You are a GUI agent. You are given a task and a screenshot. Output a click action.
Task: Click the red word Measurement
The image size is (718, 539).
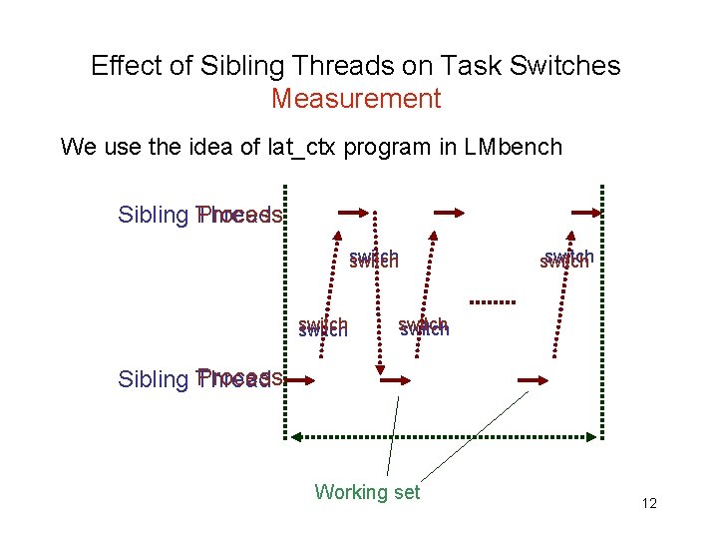355,99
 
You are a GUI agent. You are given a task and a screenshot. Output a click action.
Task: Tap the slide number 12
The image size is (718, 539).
649,504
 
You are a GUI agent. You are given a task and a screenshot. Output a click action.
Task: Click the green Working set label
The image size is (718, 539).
367,491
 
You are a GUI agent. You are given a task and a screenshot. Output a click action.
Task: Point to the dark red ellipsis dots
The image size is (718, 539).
491,300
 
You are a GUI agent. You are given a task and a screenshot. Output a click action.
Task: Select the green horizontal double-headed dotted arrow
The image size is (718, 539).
444,436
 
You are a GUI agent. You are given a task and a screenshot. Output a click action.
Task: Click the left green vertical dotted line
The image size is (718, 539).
286,309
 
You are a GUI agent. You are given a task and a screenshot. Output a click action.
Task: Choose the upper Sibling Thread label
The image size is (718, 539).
199,216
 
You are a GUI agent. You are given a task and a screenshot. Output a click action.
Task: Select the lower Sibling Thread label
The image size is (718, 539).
199,379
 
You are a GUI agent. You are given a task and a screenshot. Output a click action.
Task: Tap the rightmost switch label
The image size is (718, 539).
566,259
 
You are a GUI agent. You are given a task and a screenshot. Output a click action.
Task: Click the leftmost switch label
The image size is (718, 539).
322,327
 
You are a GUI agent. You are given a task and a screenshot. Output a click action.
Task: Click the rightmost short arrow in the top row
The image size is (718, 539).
582,212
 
